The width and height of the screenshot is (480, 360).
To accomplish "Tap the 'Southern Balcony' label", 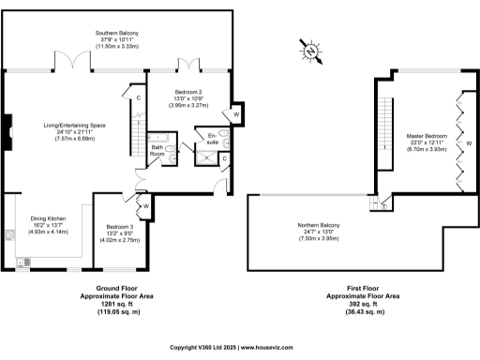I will [x=118, y=32].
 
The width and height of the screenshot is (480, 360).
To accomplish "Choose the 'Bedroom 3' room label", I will [x=120, y=228].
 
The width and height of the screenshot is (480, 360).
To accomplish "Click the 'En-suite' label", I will [x=213, y=142].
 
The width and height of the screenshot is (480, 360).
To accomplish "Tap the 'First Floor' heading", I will [x=363, y=288].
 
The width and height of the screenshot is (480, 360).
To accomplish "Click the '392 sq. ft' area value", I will [x=363, y=303].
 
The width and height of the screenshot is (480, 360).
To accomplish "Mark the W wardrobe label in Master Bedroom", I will [x=468, y=143].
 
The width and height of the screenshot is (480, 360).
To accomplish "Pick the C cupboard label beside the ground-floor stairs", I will [x=138, y=97].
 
